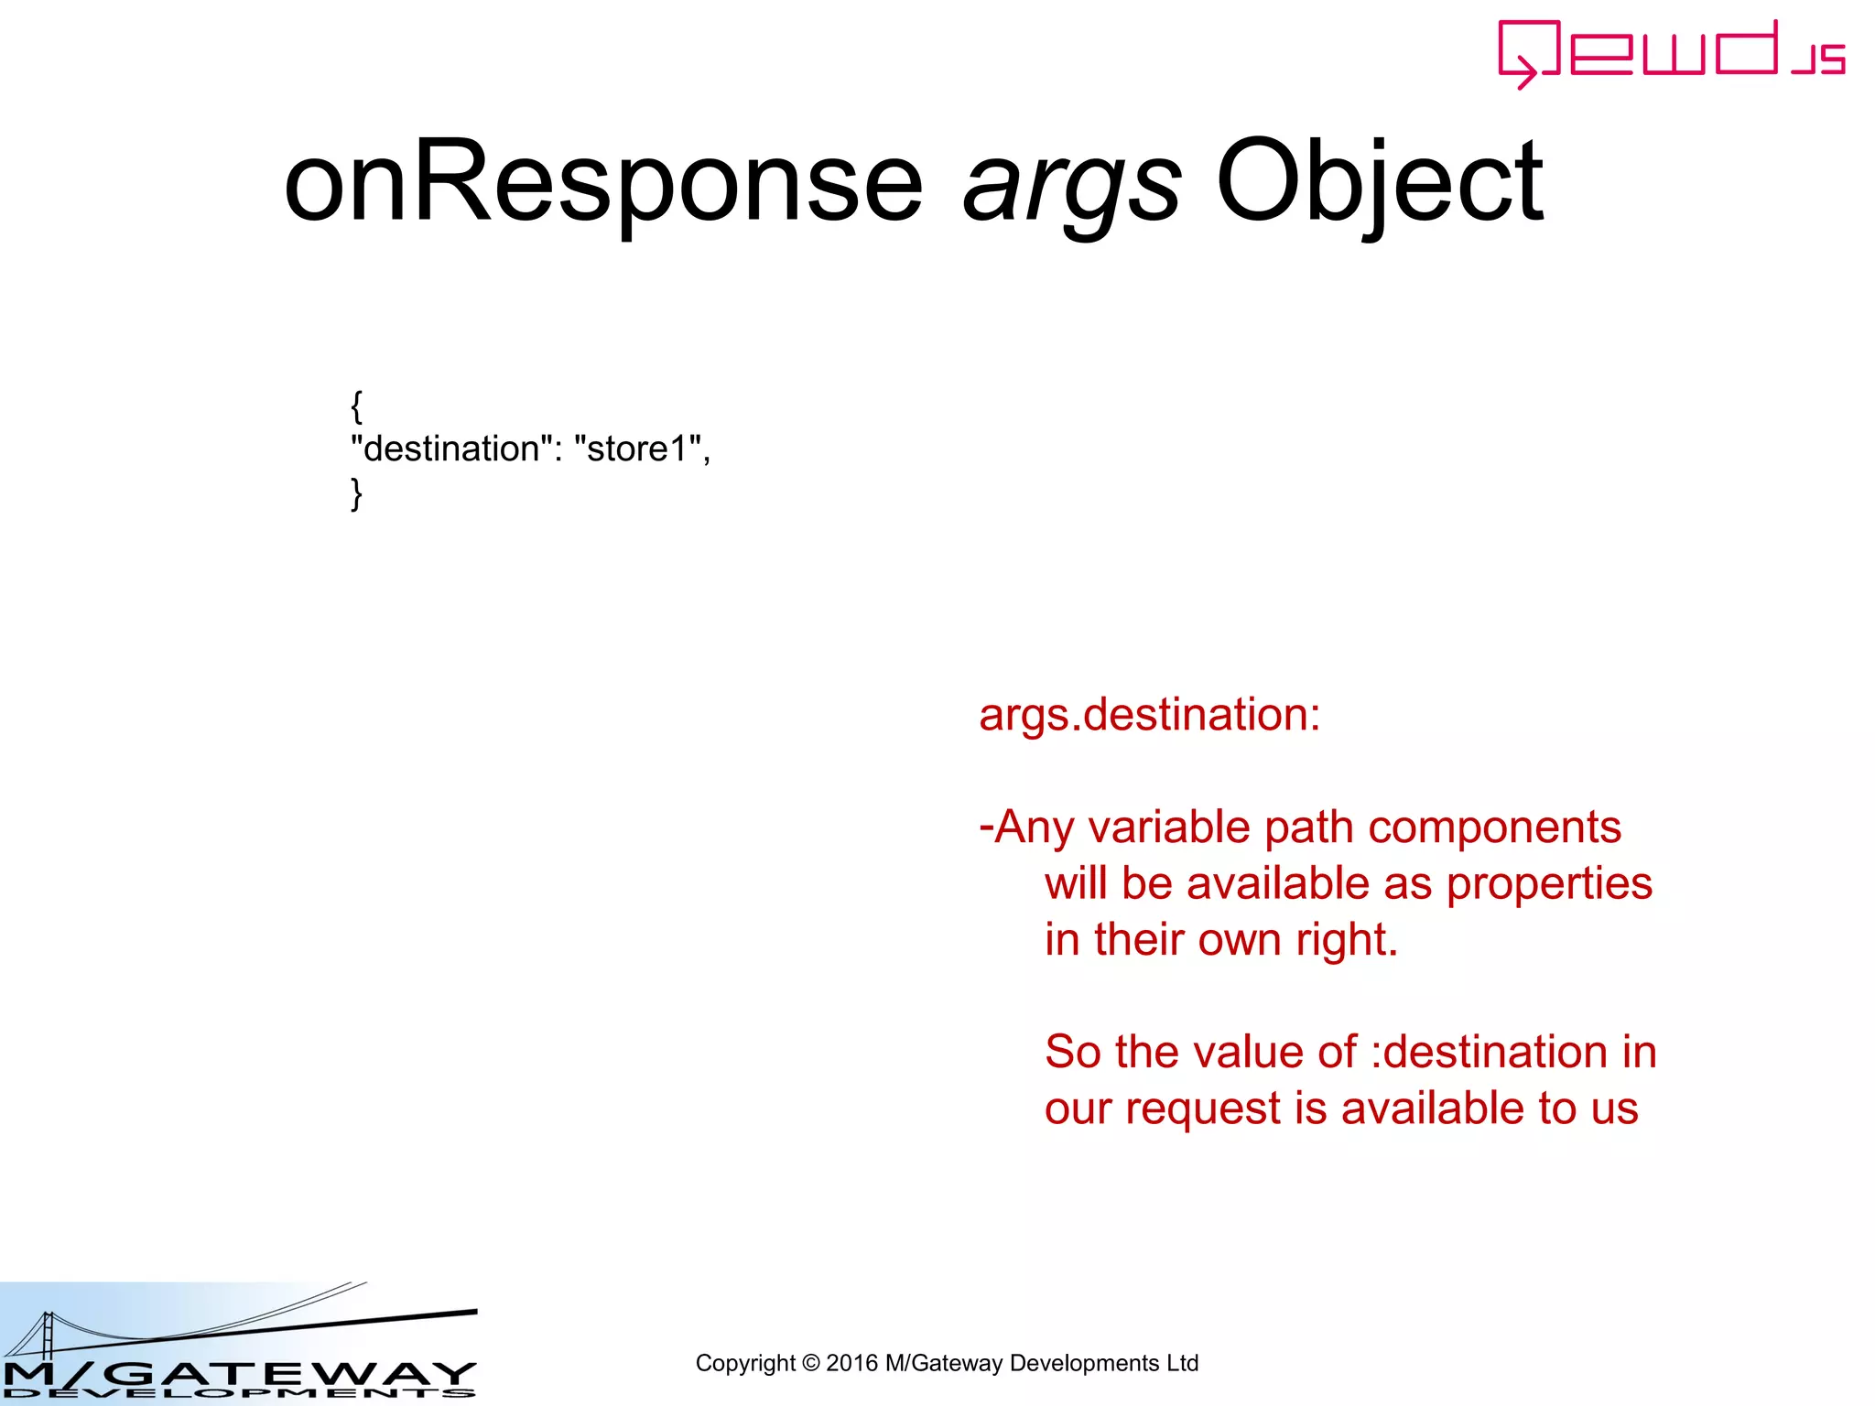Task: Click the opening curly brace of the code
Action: (x=356, y=406)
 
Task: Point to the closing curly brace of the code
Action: (x=356, y=494)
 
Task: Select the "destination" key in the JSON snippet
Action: (x=450, y=449)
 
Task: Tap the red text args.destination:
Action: (x=1149, y=715)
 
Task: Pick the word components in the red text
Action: (x=1494, y=827)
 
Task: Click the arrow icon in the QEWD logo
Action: (x=1523, y=71)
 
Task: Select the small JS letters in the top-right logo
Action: (x=1819, y=59)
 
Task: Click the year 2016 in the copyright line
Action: (x=851, y=1364)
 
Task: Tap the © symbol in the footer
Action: (x=810, y=1364)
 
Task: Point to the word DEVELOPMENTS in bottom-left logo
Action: (x=238, y=1394)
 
